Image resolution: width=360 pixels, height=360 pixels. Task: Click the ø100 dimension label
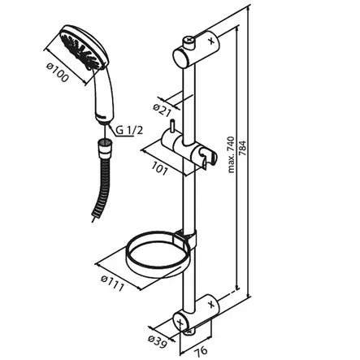click(x=57, y=72)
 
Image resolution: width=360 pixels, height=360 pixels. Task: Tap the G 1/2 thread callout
click(x=129, y=131)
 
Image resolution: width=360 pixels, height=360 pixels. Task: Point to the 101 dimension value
click(x=158, y=168)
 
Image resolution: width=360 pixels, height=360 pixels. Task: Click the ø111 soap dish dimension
click(x=112, y=283)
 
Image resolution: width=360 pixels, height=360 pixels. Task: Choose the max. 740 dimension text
click(x=231, y=155)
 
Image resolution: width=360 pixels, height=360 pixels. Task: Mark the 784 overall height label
click(x=243, y=148)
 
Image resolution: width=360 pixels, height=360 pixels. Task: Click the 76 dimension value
click(x=201, y=350)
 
